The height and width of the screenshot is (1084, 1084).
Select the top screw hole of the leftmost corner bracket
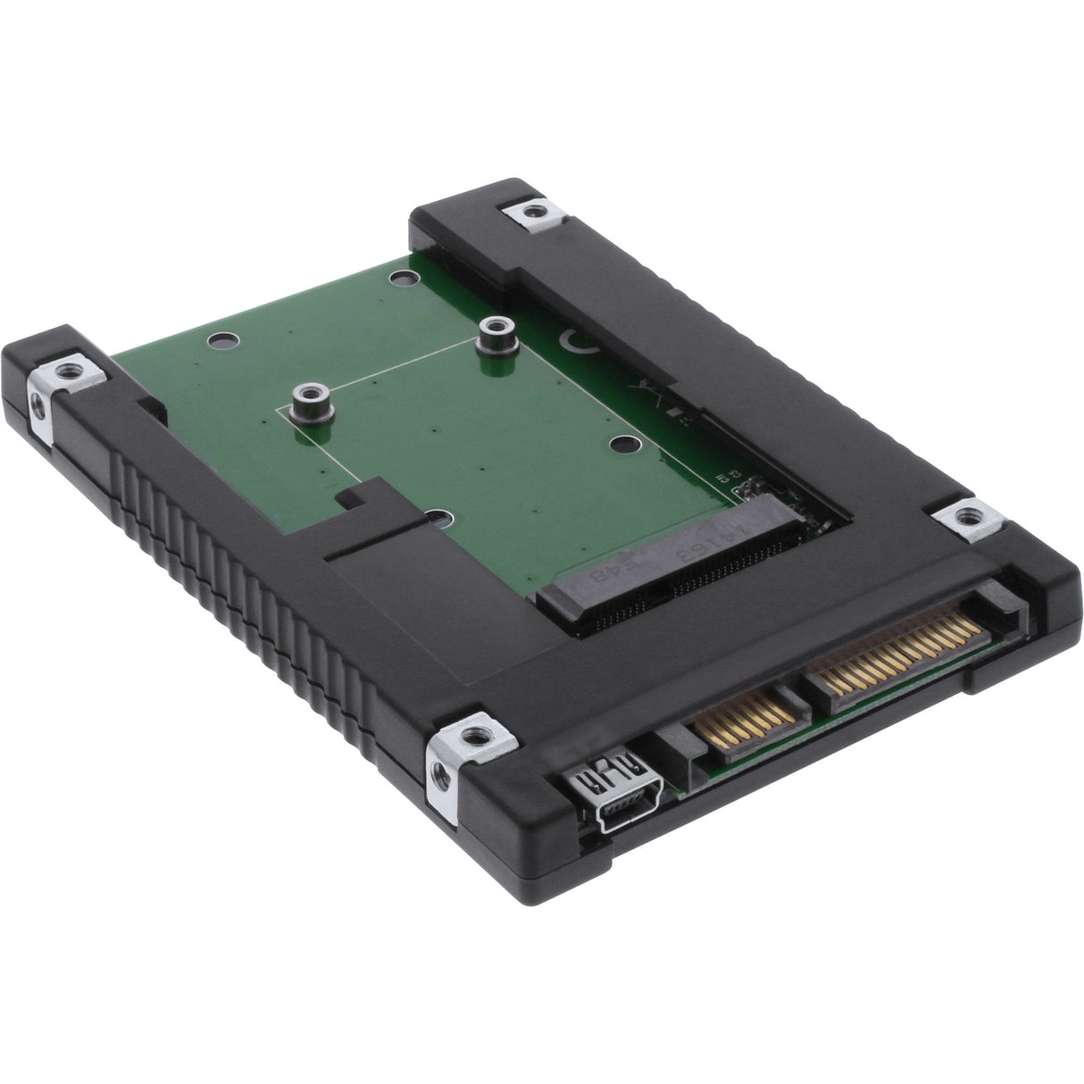click(66, 369)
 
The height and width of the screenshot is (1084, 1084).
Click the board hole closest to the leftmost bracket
click(221, 340)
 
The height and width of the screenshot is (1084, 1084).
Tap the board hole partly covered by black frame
click(437, 516)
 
